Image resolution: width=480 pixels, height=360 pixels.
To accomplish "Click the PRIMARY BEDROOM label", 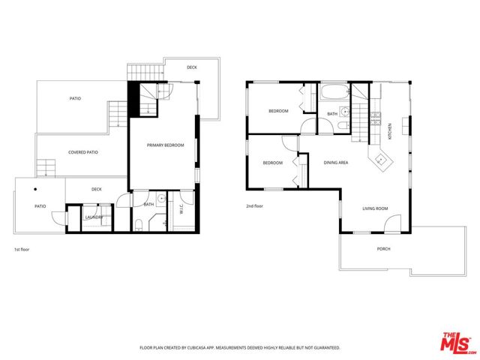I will click(x=165, y=145).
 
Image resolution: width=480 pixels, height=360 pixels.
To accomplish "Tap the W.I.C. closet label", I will click(x=180, y=211).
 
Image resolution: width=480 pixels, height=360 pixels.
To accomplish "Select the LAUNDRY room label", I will click(x=94, y=217).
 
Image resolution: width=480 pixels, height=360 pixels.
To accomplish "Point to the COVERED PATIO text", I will click(x=83, y=152).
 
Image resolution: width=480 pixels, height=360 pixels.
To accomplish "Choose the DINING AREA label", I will click(x=335, y=163).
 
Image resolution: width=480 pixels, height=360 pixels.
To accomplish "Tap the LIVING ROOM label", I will click(x=374, y=209).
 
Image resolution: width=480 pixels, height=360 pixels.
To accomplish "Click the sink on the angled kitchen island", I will click(x=381, y=158).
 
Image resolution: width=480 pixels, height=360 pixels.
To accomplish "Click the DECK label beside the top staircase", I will click(x=192, y=67).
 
